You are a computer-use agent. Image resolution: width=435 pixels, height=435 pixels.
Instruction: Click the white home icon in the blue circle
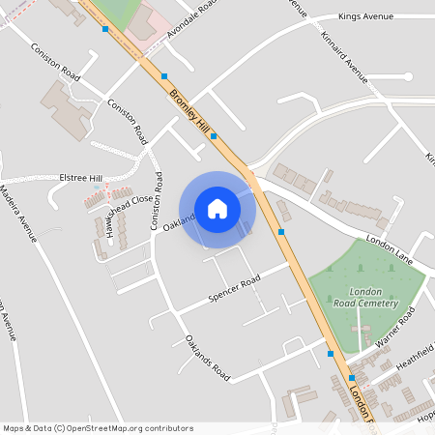pos(217,208)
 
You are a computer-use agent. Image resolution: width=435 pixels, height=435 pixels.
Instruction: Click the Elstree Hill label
pos(80,179)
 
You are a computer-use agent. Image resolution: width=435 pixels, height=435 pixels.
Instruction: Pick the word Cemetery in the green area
pos(375,303)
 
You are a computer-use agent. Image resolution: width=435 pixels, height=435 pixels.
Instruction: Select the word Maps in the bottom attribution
pos(14,427)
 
